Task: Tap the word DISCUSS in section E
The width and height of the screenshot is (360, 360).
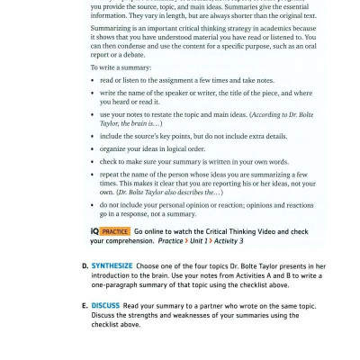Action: (x=105, y=306)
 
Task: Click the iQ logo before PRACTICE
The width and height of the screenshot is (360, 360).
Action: (x=94, y=231)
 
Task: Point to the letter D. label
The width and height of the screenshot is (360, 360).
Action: (x=85, y=266)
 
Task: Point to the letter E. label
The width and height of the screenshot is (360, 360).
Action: (x=85, y=306)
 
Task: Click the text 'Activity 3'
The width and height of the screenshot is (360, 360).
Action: (x=228, y=241)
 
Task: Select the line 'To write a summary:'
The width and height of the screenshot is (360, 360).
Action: (x=121, y=67)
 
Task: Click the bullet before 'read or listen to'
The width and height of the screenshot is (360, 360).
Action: (x=94, y=80)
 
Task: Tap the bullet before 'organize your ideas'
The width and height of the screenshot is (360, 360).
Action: (x=94, y=148)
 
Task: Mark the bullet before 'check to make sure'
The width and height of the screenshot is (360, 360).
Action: (x=94, y=160)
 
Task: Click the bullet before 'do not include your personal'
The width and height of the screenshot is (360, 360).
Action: (x=94, y=205)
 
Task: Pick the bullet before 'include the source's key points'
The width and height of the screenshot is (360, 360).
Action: (x=94, y=136)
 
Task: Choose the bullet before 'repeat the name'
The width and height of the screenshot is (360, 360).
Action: (x=94, y=174)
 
